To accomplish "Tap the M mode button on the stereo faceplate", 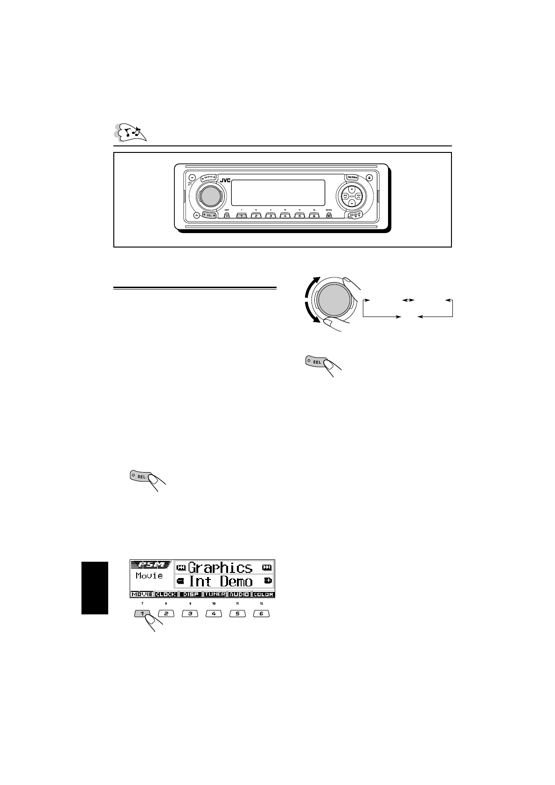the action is click(329, 216).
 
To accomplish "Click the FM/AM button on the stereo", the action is click(353, 177).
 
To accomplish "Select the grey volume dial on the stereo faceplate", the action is click(209, 196).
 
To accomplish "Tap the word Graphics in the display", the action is click(220, 567).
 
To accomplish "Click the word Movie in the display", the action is click(149, 576).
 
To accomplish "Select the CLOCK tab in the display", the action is click(166, 594).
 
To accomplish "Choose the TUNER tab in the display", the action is click(215, 594).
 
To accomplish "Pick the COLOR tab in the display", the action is click(264, 594).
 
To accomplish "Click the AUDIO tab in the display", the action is click(239, 594).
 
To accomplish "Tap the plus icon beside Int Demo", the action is click(268, 581).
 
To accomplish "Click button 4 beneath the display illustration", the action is click(214, 613).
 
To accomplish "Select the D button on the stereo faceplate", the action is click(227, 216).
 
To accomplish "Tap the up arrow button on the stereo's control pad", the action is click(352, 189).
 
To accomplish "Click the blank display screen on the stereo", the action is click(278, 193).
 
